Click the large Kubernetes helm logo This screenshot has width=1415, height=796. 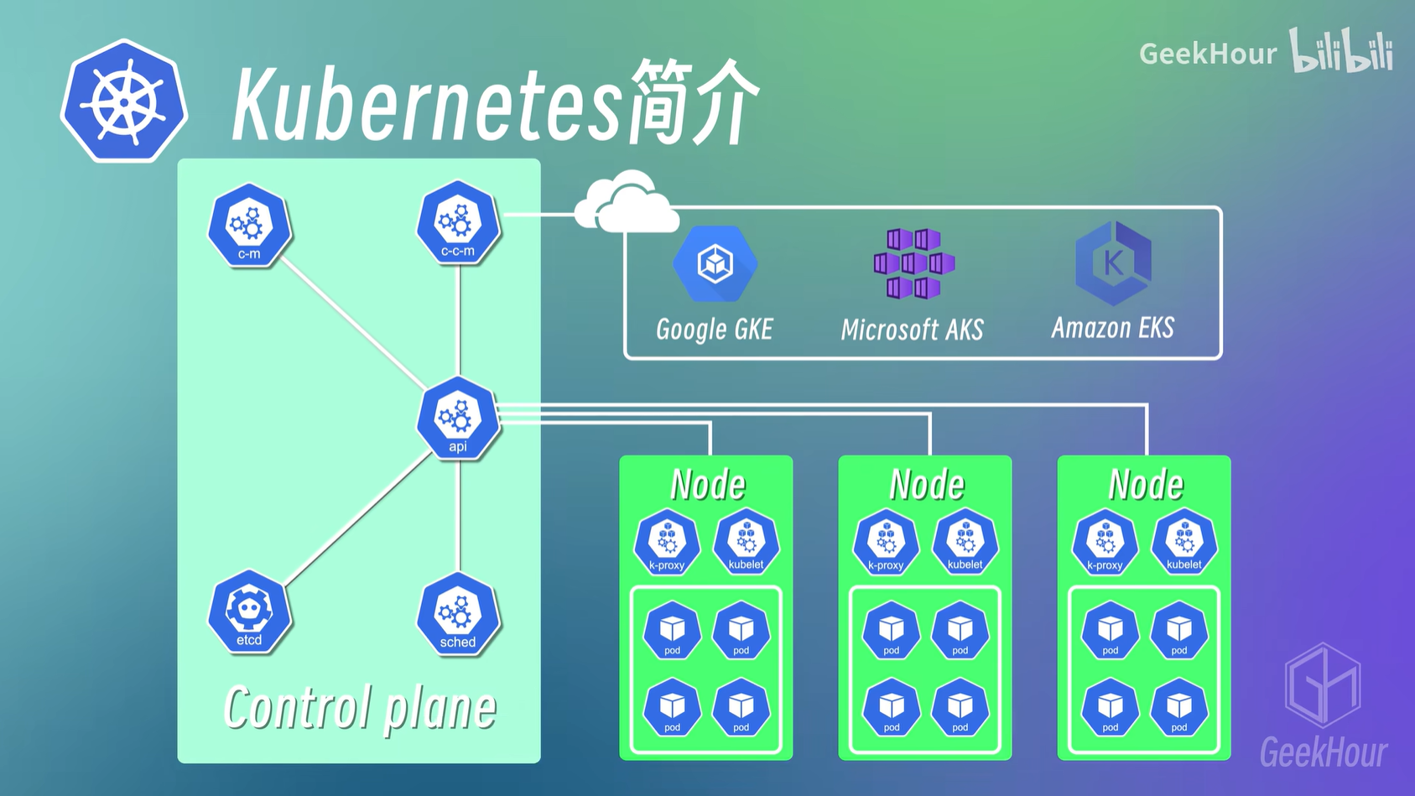pyautogui.click(x=124, y=101)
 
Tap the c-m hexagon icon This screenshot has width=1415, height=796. pyautogui.click(x=249, y=226)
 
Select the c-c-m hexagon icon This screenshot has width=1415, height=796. pyautogui.click(x=458, y=223)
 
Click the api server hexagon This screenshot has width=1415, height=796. pyautogui.click(x=458, y=419)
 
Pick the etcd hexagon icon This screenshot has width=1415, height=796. pyautogui.click(x=249, y=612)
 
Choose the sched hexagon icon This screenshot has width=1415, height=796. pyautogui.click(x=458, y=615)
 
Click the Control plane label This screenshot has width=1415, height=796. pyautogui.click(x=360, y=708)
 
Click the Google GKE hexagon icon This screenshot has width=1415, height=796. pyautogui.click(x=715, y=264)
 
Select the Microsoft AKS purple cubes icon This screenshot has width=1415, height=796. pyautogui.click(x=913, y=263)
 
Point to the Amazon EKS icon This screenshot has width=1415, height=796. pyautogui.click(x=1113, y=263)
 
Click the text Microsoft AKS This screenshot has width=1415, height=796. pyautogui.click(x=912, y=330)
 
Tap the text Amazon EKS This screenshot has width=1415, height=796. pyautogui.click(x=1113, y=328)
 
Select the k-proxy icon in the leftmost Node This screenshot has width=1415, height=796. pyautogui.click(x=667, y=543)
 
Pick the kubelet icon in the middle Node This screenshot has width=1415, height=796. pyautogui.click(x=965, y=542)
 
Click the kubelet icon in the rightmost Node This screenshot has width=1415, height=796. pyautogui.click(x=1184, y=542)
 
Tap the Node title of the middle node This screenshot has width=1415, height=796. pyautogui.click(x=927, y=485)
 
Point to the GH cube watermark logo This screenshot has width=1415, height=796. pyautogui.click(x=1323, y=684)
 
